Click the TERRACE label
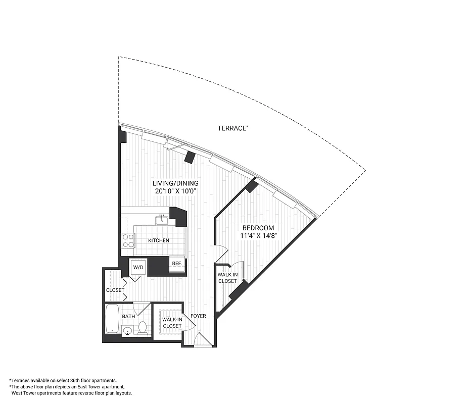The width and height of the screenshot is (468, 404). (x=232, y=128)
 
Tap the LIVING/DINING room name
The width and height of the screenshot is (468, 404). (x=176, y=183)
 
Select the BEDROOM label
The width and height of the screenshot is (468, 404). (x=257, y=228)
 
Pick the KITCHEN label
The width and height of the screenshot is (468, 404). (x=159, y=240)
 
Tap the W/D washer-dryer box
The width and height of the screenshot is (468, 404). (x=137, y=267)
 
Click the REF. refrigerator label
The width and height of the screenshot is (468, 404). (x=177, y=264)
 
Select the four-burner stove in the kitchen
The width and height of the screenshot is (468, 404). (x=128, y=240)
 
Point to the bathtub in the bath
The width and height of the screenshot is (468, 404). (x=112, y=319)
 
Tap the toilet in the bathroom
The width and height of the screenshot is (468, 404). (x=143, y=329)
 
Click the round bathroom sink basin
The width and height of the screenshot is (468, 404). (x=128, y=332)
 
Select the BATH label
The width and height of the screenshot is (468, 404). (x=128, y=317)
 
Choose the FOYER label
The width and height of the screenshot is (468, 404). (x=198, y=316)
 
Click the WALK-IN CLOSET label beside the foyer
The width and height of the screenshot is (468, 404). (x=171, y=323)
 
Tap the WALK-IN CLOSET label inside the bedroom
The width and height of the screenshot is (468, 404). (x=227, y=278)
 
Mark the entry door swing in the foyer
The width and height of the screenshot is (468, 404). (x=204, y=340)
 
